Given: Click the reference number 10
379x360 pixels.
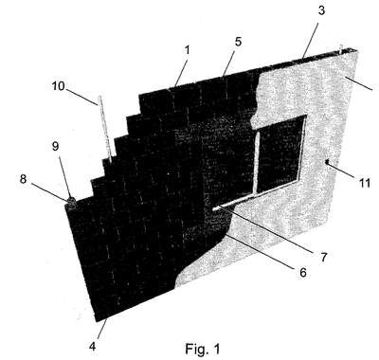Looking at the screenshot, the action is coord(59,86).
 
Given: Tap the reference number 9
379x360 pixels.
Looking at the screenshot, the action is coord(56,146).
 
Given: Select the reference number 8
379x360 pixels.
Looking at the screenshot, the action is coord(23,179).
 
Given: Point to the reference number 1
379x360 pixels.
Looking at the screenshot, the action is coord(188,50).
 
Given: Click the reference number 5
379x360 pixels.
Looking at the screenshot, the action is coord(238,42).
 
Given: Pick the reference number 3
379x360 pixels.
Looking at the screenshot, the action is coord(321,10).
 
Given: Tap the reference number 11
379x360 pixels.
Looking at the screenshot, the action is coord(365,183).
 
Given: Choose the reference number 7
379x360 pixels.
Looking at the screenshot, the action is coord(324,257).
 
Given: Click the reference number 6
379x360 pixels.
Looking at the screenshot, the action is coord(303,272).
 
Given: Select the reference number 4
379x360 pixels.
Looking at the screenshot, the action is coord(92,347).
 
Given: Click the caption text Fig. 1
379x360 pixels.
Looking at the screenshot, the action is coord(202,349).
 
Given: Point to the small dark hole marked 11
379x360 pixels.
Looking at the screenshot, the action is coord(327,162).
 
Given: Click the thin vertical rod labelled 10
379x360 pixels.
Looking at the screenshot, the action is coord(105,129).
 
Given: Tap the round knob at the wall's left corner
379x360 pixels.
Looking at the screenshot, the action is coord(72,203).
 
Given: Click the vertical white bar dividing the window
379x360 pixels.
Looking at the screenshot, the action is coord(257,162).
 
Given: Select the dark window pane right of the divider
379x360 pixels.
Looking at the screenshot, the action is coord(280,154).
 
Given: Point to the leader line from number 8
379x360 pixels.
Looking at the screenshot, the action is coord(49,192).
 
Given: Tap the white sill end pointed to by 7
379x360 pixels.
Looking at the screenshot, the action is coord(216,208).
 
